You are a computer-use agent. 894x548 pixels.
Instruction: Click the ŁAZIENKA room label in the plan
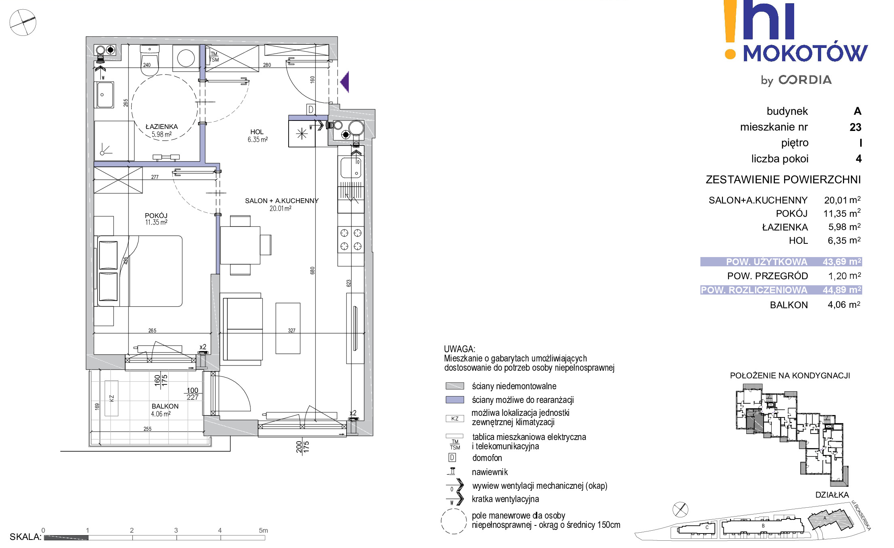tap(161, 127)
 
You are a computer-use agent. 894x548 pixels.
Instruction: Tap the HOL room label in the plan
tap(257, 132)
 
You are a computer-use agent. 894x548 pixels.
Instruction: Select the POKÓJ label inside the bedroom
tap(156, 216)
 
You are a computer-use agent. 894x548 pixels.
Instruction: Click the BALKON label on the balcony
tap(165, 406)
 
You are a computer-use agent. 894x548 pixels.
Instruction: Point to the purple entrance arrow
tap(345, 82)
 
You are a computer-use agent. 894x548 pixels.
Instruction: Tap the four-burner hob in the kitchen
tap(351, 240)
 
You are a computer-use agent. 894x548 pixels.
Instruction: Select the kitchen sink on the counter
tap(351, 168)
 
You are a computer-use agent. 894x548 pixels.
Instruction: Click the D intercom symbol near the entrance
tap(310, 109)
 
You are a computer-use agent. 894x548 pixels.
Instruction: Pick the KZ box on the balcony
tap(111, 398)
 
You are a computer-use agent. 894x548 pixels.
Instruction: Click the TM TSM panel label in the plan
tap(214, 57)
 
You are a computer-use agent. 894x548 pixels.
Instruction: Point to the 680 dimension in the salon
tap(312, 270)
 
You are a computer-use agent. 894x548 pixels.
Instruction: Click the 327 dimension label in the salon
tap(292, 330)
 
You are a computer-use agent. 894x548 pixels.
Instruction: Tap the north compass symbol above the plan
tap(23, 23)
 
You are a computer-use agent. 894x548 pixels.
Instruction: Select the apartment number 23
tap(855, 127)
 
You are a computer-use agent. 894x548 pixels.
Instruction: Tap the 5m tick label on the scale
tap(263, 530)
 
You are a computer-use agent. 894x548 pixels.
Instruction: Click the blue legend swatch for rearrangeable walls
tap(455, 400)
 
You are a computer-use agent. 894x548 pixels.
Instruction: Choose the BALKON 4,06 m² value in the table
tap(844, 305)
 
